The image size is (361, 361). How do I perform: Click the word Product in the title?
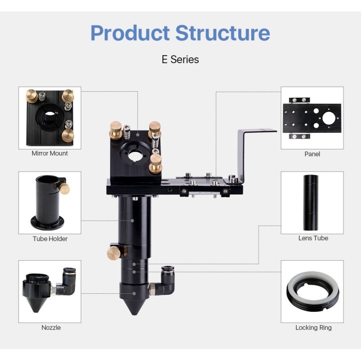coord(130,34)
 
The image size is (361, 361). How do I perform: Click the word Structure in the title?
coord(223,33)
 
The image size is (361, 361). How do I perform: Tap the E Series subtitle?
coord(180,59)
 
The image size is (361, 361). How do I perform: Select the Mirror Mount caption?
coord(50,153)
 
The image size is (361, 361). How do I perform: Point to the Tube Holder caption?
coord(50,239)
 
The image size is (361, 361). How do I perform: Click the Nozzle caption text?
coord(51,327)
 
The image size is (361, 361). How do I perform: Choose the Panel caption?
coord(312,154)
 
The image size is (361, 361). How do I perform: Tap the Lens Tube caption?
coord(313,238)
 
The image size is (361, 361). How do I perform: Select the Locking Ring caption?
coord(313,327)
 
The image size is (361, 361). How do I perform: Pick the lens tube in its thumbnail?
coord(310,203)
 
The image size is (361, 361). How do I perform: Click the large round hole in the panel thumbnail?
coord(329,118)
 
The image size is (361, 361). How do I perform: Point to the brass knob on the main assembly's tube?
coord(113,253)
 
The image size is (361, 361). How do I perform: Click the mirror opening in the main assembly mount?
coord(136,155)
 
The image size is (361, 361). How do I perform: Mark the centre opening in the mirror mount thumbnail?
coord(49,114)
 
